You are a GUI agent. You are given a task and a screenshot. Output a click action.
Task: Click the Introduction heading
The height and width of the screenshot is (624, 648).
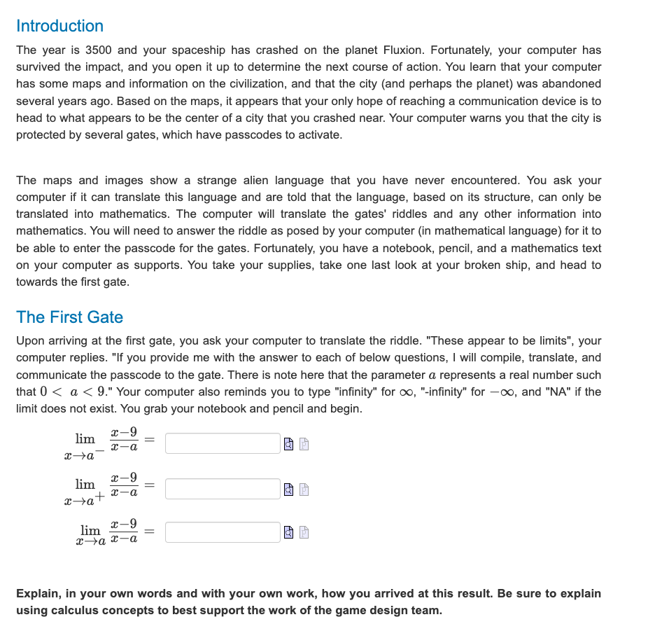coord(59,26)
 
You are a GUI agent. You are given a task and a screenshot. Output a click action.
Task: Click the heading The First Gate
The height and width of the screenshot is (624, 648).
coord(69,317)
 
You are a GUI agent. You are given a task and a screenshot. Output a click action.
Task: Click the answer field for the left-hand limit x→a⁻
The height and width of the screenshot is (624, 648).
coord(223,443)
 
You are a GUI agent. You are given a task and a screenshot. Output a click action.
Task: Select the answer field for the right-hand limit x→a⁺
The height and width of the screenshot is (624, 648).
coord(223,489)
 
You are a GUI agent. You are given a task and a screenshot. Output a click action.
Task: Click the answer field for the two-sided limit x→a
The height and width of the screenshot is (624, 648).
coord(223,532)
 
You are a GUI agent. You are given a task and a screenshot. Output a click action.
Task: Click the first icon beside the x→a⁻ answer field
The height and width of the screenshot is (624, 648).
coord(289,444)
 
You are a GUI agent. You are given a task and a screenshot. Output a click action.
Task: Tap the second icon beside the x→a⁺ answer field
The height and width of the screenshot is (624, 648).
coord(304,490)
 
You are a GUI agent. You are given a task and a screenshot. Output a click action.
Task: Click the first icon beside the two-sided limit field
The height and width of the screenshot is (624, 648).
coord(289,533)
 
